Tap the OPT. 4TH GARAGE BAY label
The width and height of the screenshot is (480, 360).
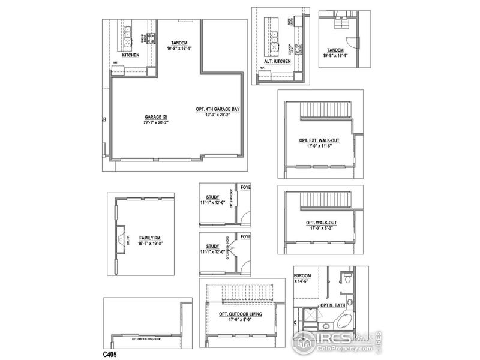pos(218,109)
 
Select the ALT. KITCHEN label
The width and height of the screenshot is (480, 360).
pos(277,61)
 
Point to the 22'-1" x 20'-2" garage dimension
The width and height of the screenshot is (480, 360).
pos(156,122)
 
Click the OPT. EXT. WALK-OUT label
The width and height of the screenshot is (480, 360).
pos(319,140)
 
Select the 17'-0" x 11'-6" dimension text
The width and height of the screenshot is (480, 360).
pos(319,146)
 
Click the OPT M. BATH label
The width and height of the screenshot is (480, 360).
pos(333,305)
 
